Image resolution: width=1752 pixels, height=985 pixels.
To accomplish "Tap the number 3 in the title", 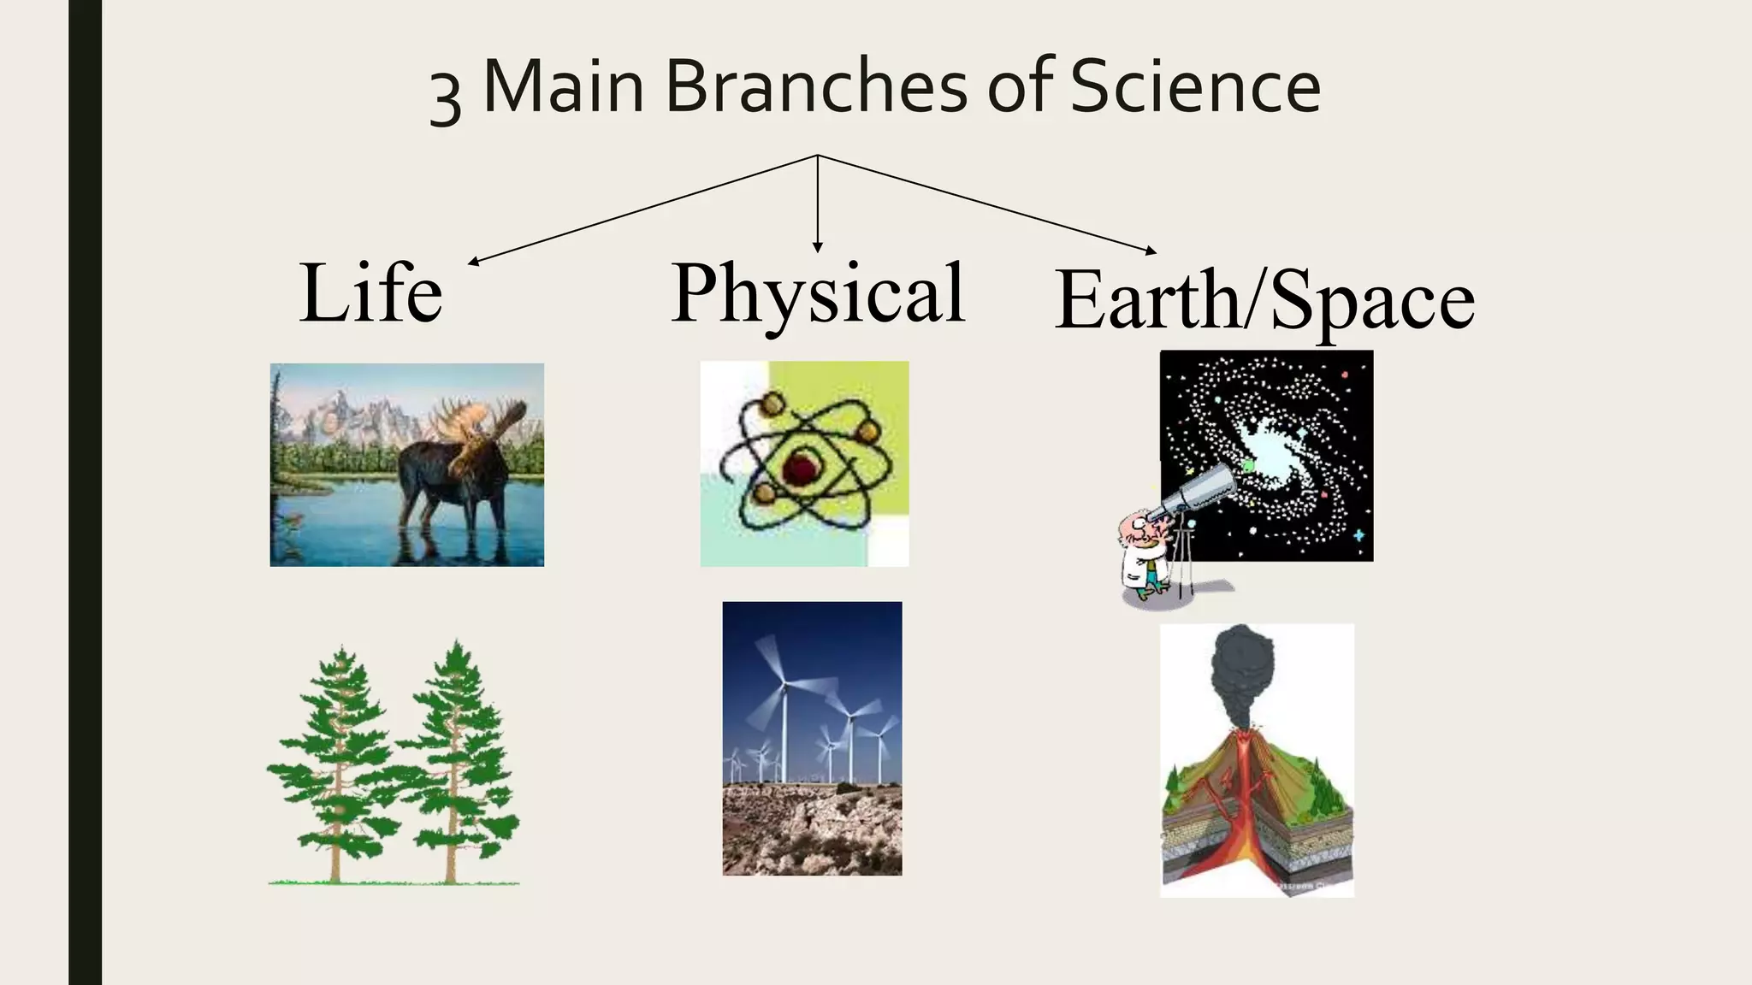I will [445, 96].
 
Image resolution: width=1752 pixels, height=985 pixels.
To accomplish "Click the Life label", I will [371, 293].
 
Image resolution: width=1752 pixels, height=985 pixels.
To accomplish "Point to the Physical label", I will [818, 293].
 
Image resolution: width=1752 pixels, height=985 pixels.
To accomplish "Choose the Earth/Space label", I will [1264, 299].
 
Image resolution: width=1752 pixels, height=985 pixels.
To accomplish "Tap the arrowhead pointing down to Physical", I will [818, 247].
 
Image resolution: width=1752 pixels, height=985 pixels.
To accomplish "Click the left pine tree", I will [338, 761].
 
